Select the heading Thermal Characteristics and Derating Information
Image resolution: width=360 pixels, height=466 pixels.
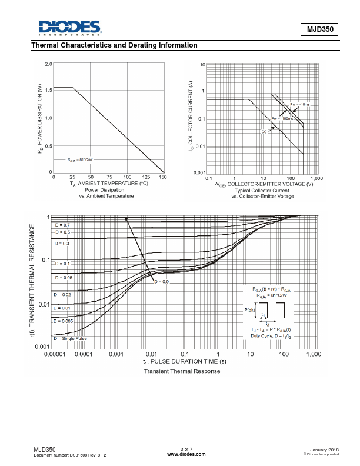pos(114,45)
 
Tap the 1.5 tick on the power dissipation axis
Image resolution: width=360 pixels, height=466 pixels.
pos(48,89)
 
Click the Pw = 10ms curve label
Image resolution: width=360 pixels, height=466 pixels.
pos(301,104)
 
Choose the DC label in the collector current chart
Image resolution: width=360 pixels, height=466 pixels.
pos(265,132)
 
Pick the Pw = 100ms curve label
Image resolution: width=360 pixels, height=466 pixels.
pos(282,118)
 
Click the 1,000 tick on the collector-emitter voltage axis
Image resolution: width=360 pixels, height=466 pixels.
pos(316,177)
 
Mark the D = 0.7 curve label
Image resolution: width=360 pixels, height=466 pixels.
pos(62,225)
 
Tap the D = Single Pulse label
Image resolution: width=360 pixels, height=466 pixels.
pos(71,338)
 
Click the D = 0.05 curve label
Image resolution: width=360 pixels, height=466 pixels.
pos(64,277)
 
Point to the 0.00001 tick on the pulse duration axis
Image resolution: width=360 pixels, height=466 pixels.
pos(53,355)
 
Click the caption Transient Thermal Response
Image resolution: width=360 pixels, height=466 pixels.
pos(182,371)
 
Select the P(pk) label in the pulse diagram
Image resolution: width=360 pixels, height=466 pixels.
pos(250,310)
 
